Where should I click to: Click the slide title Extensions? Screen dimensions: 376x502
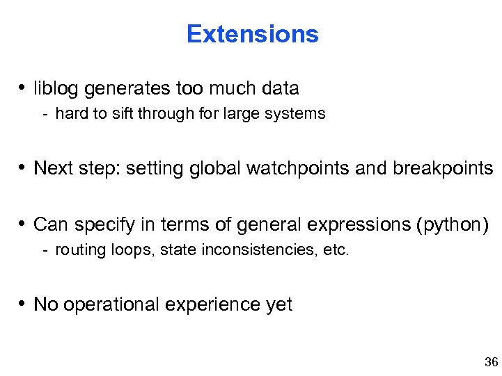pyautogui.click(x=252, y=34)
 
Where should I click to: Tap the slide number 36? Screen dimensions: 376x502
pyautogui.click(x=490, y=362)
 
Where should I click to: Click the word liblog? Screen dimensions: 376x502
pyautogui.click(x=53, y=89)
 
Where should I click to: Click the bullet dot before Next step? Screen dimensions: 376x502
pyautogui.click(x=23, y=169)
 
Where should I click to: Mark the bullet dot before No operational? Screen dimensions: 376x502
pyautogui.click(x=23, y=304)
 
